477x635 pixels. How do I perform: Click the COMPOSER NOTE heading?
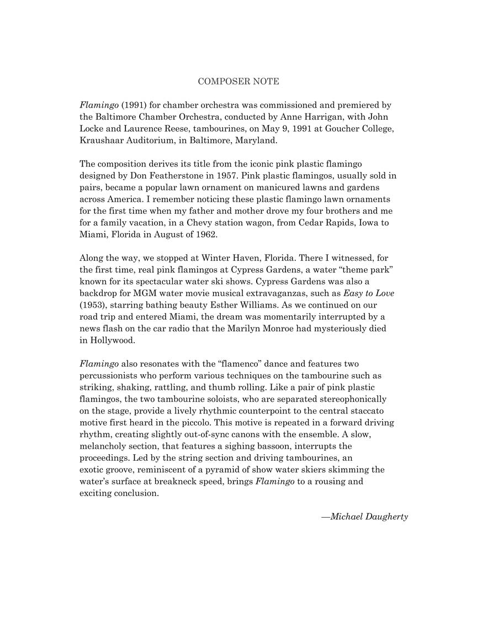239,82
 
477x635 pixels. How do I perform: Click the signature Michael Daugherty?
365,517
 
